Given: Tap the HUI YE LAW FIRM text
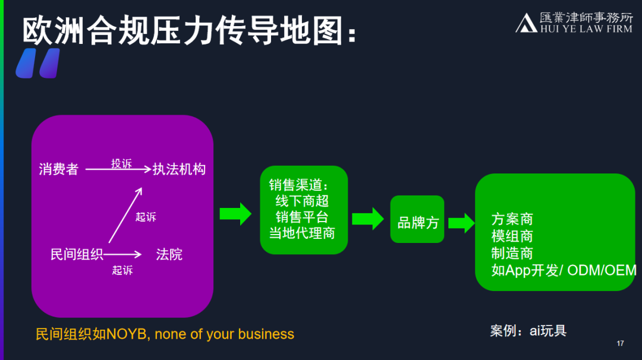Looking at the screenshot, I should pyautogui.click(x=585, y=29).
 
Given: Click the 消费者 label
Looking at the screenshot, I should pyautogui.click(x=59, y=169).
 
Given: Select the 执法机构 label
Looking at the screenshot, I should pyautogui.click(x=179, y=169).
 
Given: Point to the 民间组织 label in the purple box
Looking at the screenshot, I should pyautogui.click(x=77, y=255).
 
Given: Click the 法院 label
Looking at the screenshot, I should pyautogui.click(x=169, y=255).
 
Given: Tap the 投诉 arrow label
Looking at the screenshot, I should pyautogui.click(x=121, y=163).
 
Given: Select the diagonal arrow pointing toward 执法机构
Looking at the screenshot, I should pyautogui.click(x=125, y=214).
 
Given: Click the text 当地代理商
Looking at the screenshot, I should pyautogui.click(x=302, y=233).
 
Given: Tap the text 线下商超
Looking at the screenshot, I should pyautogui.click(x=302, y=201).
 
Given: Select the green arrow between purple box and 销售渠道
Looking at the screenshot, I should pyautogui.click(x=235, y=214).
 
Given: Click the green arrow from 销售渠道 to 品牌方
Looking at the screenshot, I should pyautogui.click(x=368, y=219).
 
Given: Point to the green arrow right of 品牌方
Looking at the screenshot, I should pyautogui.click(x=461, y=223).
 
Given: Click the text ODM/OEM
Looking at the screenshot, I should pyautogui.click(x=602, y=270).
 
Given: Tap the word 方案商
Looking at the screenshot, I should pyautogui.click(x=512, y=219).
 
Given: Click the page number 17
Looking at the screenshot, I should pyautogui.click(x=620, y=344).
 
